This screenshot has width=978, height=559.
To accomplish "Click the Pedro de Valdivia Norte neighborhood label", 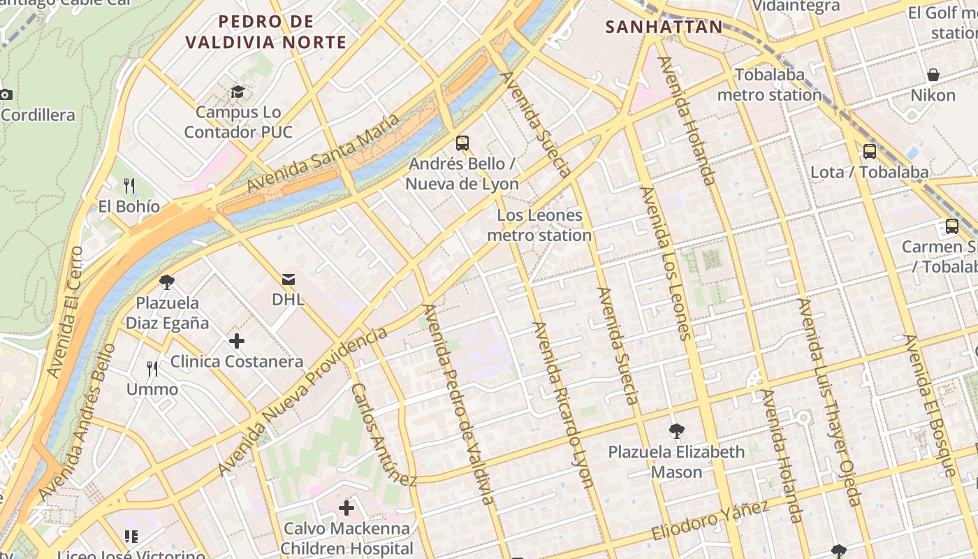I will pos(265,31).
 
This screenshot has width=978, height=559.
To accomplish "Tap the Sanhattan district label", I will pos(664,27).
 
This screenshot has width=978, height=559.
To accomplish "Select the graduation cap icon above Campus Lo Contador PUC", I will pos(238,92).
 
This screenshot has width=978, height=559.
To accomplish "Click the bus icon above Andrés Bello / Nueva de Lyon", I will pos(462,143).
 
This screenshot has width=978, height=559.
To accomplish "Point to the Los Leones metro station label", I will pos(539,225).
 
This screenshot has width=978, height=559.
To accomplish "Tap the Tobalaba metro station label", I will pos(769,85).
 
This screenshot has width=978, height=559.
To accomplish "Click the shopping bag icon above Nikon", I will pos(933,75).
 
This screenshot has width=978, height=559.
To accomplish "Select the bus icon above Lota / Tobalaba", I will pos(870,151).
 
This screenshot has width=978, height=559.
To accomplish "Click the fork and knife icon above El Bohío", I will pos(129,186).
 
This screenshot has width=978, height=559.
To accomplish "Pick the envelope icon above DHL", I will pos(288,279).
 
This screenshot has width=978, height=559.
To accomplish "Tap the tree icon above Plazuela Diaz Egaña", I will pos(167,282).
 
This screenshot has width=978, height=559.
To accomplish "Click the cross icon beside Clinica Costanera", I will pos(237,341).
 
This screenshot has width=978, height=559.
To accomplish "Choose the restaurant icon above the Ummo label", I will pos(152,368).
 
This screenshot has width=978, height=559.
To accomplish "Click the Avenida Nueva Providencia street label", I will pos(302,401).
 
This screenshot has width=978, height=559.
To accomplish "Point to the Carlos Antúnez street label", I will pos(383,435).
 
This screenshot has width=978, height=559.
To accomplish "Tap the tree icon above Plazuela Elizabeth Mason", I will pos(676,431).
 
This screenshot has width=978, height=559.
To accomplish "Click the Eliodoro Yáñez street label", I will pos(710,521).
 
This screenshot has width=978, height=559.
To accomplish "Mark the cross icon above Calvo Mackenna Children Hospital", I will pos(346,508).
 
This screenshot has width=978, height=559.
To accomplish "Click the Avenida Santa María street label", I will pos(323,153).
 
